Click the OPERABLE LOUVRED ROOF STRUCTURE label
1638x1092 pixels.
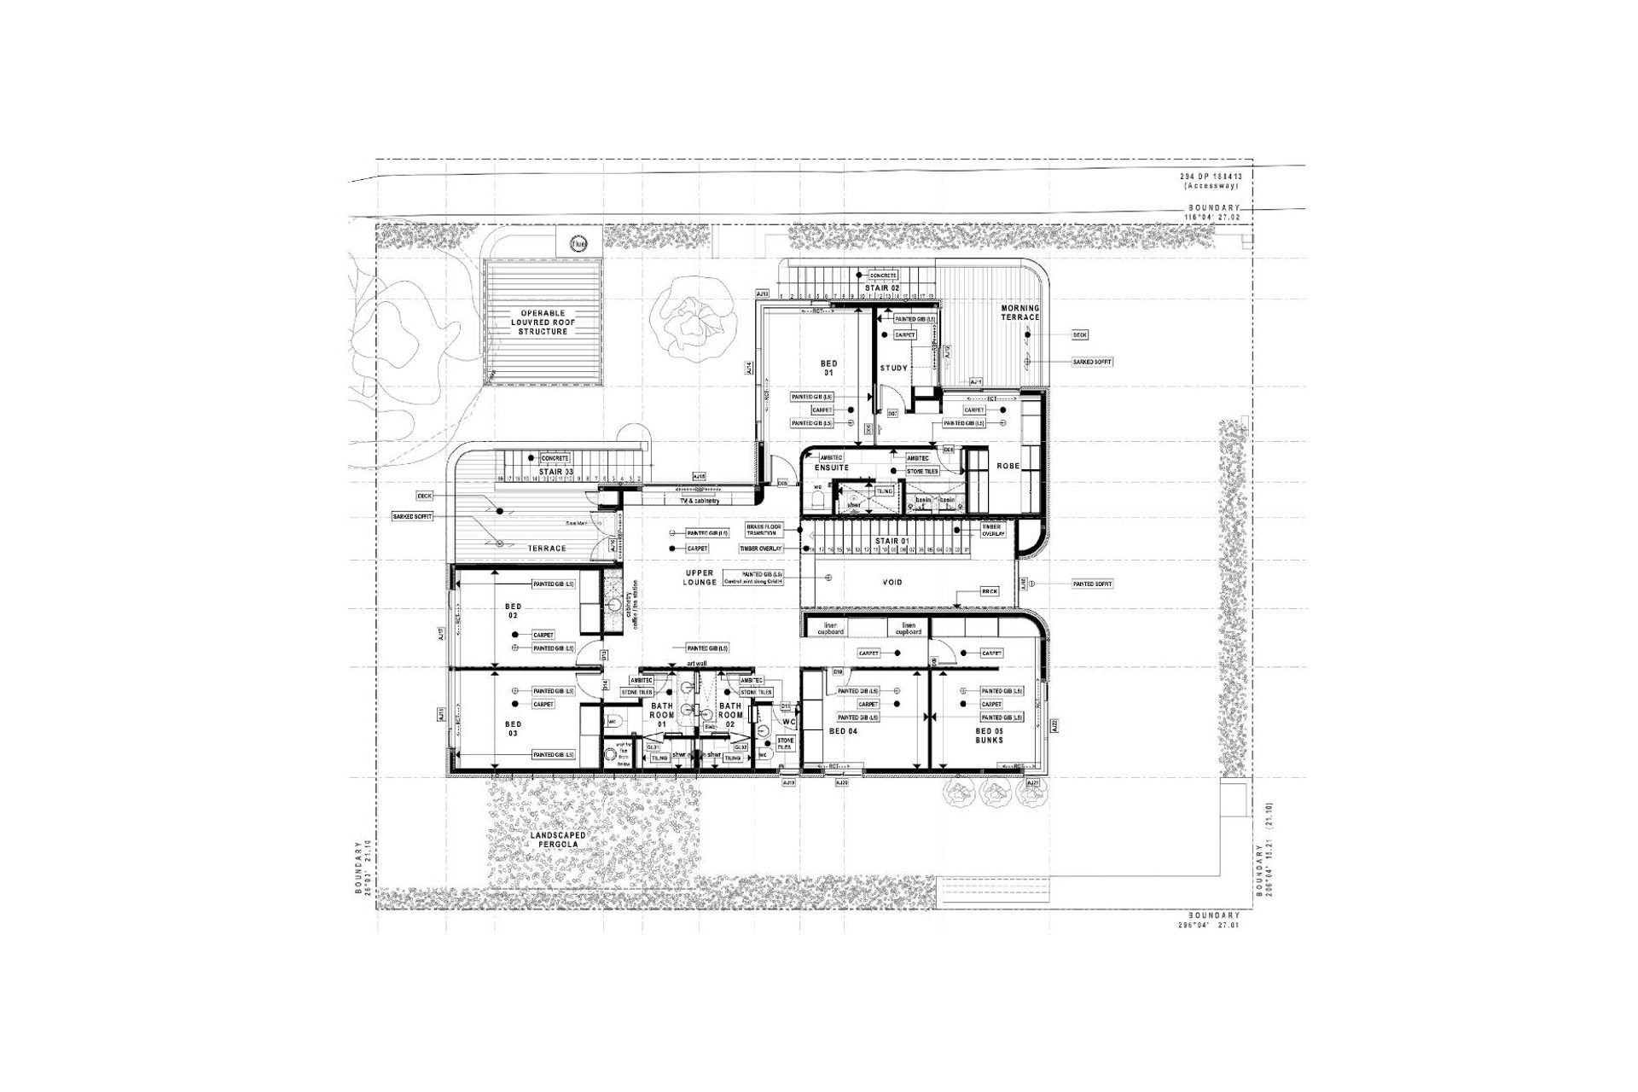pyautogui.click(x=543, y=322)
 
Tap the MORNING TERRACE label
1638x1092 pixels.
pyautogui.click(x=1020, y=312)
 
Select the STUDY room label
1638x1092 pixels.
pyautogui.click(x=893, y=368)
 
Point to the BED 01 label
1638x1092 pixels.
pyautogui.click(x=828, y=368)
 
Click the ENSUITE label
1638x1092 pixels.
pyautogui.click(x=831, y=468)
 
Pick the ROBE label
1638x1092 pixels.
pyautogui.click(x=1009, y=466)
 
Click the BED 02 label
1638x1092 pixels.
pyautogui.click(x=513, y=611)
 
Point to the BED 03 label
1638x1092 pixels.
pyautogui.click(x=513, y=729)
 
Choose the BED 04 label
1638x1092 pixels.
pyautogui.click(x=843, y=732)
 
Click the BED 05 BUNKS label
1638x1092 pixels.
pyautogui.click(x=990, y=735)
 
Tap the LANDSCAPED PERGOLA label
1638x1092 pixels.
pyautogui.click(x=558, y=839)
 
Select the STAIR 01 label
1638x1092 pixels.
pyautogui.click(x=892, y=541)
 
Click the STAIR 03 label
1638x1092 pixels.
pyautogui.click(x=555, y=471)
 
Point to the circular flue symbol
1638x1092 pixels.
pyautogui.click(x=579, y=240)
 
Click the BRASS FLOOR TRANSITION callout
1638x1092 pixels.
pyautogui.click(x=763, y=531)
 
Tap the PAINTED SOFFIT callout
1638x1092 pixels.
pyautogui.click(x=1093, y=584)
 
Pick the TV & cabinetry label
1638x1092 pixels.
pyautogui.click(x=700, y=501)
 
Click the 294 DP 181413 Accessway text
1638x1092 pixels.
pyautogui.click(x=1211, y=180)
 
